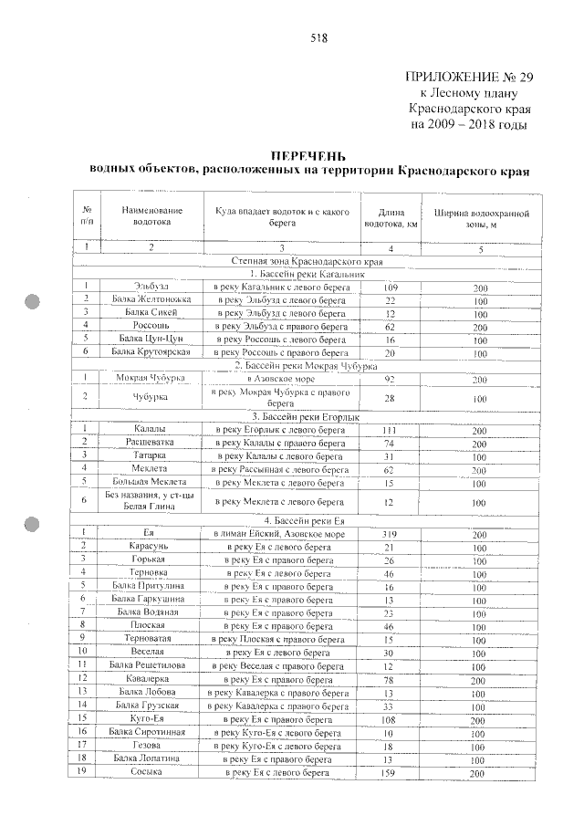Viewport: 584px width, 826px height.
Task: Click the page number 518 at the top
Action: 318,38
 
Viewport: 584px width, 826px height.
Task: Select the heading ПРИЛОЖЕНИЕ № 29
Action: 466,77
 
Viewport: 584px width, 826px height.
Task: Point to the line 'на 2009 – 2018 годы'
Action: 469,123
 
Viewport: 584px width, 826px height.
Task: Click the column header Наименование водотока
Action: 151,215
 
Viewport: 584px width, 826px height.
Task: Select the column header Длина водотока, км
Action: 391,216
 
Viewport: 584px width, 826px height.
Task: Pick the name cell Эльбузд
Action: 151,287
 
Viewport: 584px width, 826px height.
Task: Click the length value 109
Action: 389,287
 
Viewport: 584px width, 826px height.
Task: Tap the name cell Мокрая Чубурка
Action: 151,377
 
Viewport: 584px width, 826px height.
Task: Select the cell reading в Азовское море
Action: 282,377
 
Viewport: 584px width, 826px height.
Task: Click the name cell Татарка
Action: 151,455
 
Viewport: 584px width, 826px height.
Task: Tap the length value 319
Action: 389,534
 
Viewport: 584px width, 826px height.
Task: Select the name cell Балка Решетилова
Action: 151,665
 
